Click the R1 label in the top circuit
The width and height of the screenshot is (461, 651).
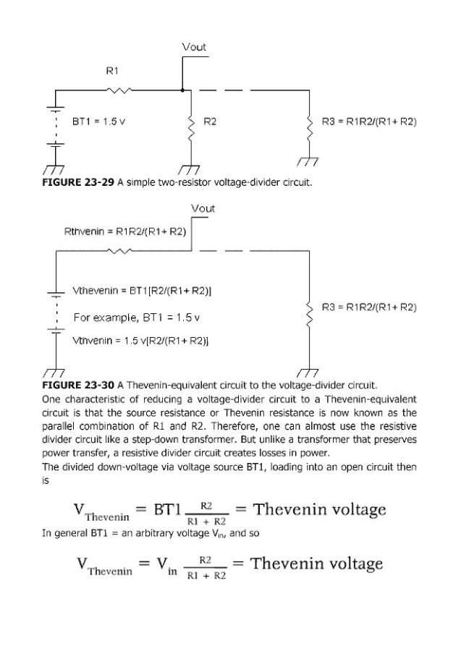[x=112, y=71]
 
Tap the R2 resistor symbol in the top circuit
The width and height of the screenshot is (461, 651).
[x=191, y=129]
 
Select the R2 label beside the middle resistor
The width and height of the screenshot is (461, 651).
[x=210, y=122]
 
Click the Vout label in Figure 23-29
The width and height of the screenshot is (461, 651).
[x=194, y=47]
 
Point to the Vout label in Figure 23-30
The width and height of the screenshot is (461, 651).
[x=203, y=208]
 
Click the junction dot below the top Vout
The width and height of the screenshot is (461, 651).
[x=182, y=90]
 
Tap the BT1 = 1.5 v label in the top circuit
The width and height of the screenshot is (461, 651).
[x=99, y=122]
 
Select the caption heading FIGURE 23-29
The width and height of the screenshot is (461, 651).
[x=78, y=182]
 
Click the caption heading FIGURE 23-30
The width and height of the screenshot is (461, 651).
[x=78, y=386]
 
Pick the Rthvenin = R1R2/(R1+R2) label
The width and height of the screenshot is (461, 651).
[x=125, y=231]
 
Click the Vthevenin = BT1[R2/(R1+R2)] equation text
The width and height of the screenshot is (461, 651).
[x=142, y=291]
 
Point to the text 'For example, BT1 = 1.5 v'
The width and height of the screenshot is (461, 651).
[x=137, y=318]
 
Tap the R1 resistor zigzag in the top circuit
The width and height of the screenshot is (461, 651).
[x=119, y=90]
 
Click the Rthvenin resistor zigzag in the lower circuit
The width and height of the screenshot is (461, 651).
[x=119, y=251]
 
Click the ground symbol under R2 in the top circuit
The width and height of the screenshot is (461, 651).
[x=189, y=171]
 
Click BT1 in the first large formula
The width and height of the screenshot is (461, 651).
[x=167, y=509]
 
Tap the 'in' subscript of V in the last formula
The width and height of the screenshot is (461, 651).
[x=172, y=571]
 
